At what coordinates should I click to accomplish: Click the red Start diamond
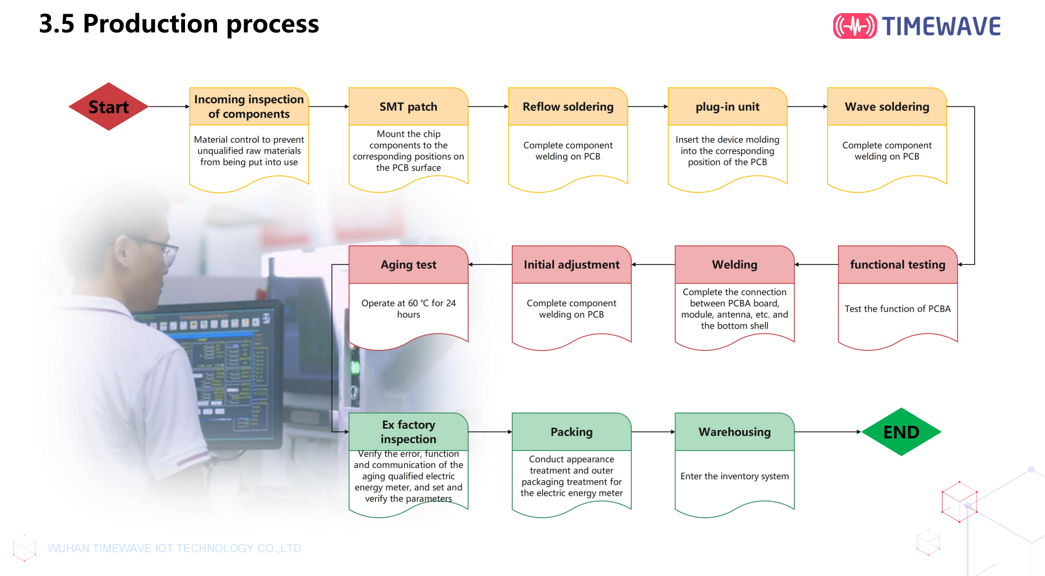pyautogui.click(x=108, y=106)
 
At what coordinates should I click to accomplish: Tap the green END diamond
pyautogui.click(x=901, y=432)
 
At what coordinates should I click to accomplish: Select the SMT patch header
pyautogui.click(x=408, y=106)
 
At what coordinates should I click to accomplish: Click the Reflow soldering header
pyautogui.click(x=568, y=106)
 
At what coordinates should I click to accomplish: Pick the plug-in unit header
pyautogui.click(x=727, y=106)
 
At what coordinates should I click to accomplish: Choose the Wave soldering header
pyautogui.click(x=887, y=106)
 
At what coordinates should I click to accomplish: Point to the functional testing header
pyautogui.click(x=898, y=264)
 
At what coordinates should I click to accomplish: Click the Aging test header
pyautogui.click(x=408, y=264)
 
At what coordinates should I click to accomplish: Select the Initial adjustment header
pyautogui.click(x=572, y=264)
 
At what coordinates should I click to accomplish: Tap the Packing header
pyautogui.click(x=572, y=432)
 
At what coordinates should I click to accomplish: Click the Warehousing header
pyautogui.click(x=735, y=432)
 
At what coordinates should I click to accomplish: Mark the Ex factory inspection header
pyautogui.click(x=408, y=432)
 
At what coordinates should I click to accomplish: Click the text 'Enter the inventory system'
pyautogui.click(x=735, y=476)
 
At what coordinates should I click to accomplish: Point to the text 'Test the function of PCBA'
pyautogui.click(x=898, y=309)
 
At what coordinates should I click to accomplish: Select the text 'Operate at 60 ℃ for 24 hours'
pyautogui.click(x=408, y=309)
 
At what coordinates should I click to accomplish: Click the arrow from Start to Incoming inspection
pyautogui.click(x=169, y=106)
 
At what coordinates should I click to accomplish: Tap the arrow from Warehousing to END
pyautogui.click(x=828, y=432)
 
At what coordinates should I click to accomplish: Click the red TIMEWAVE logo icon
pyautogui.click(x=855, y=26)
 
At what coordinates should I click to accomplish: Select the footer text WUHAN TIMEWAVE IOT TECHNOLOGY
pyautogui.click(x=174, y=548)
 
